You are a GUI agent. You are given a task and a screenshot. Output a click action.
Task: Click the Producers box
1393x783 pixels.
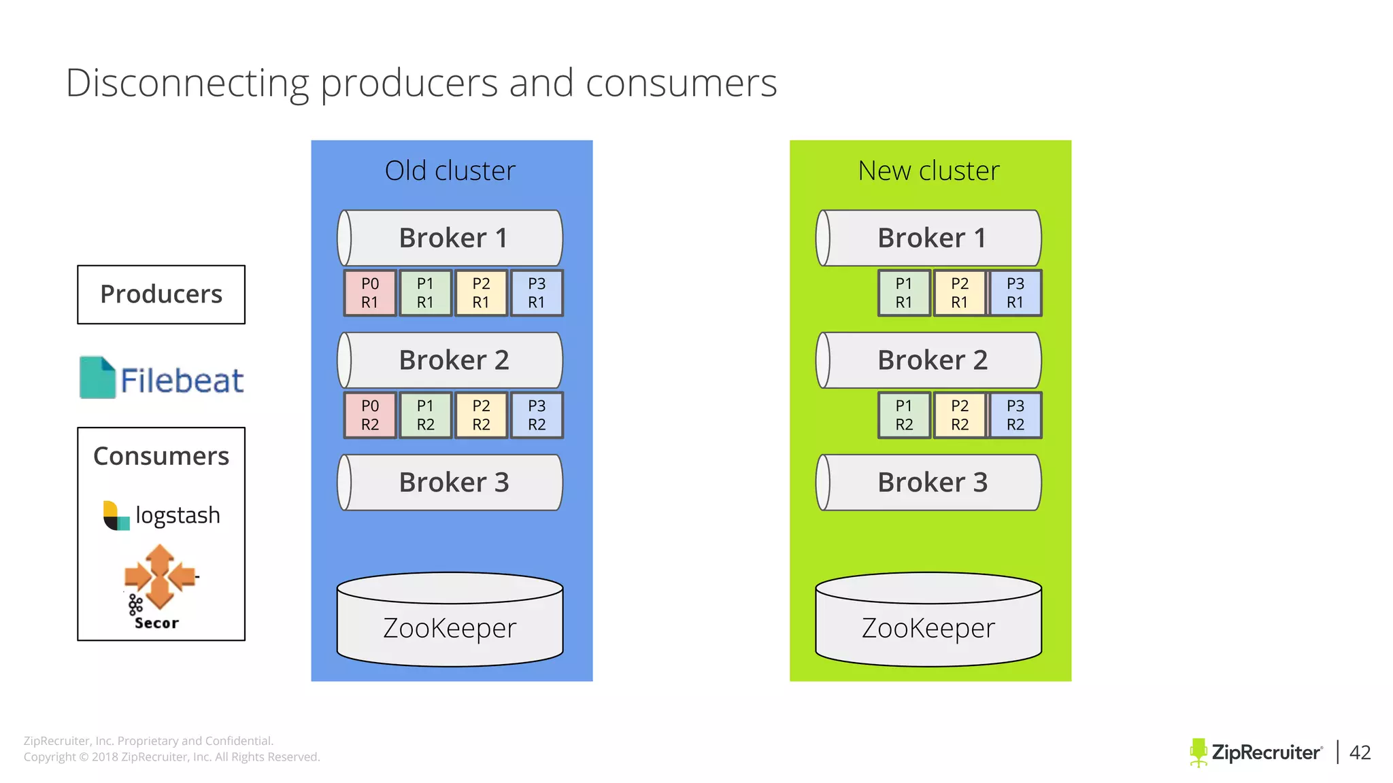161,294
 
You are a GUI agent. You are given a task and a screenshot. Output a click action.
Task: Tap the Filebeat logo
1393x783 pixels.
162,378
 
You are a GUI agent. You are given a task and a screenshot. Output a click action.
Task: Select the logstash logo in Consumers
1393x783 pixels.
162,515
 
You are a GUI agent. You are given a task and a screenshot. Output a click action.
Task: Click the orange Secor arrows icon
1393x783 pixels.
160,576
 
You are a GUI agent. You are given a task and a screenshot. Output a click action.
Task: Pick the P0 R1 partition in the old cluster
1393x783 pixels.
370,293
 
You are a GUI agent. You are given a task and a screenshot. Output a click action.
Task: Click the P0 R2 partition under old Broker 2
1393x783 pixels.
370,415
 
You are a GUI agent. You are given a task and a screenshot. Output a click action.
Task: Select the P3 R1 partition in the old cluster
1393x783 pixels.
537,293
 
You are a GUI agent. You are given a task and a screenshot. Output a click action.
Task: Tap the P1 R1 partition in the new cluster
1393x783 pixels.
904,293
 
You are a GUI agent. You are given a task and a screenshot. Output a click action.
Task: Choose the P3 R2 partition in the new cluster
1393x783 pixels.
1016,415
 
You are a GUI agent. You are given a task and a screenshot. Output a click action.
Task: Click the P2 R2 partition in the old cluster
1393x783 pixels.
481,415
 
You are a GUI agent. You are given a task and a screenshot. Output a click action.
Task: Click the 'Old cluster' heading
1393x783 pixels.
450,171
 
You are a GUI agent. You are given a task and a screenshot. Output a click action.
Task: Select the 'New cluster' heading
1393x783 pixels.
928,171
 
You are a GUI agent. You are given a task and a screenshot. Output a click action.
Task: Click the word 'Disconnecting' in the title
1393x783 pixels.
187,83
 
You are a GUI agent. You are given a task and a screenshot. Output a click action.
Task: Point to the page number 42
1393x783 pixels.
1360,752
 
